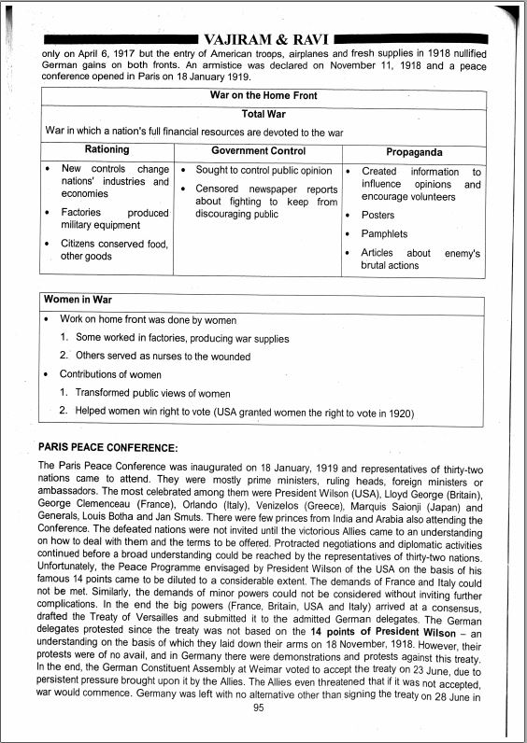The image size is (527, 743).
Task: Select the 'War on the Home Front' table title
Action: pyautogui.click(x=264, y=96)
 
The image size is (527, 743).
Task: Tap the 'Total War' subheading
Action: pyautogui.click(x=263, y=114)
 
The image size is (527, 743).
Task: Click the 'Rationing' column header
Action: pyautogui.click(x=107, y=150)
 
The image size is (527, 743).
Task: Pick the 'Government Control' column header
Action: pyautogui.click(x=258, y=150)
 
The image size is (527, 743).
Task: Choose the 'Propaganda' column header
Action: pyautogui.click(x=414, y=151)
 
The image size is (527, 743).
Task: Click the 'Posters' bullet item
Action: pyautogui.click(x=377, y=216)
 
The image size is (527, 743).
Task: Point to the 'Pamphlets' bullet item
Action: pyautogui.click(x=384, y=234)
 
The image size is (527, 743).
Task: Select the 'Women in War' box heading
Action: pyautogui.click(x=78, y=301)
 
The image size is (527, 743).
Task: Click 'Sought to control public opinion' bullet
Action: pyautogui.click(x=263, y=171)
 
